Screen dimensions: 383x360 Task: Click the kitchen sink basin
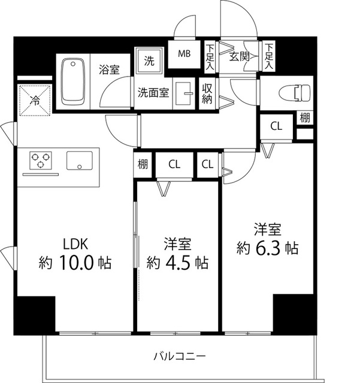80,160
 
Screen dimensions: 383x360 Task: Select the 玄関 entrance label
239,57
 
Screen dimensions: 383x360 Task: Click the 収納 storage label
207,95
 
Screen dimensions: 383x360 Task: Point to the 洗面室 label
154,93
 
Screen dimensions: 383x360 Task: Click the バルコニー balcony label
180,356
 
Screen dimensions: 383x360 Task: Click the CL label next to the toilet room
276,126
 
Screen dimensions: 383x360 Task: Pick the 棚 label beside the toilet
305,117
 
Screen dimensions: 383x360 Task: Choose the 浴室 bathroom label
109,69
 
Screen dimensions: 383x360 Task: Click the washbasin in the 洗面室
187,93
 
